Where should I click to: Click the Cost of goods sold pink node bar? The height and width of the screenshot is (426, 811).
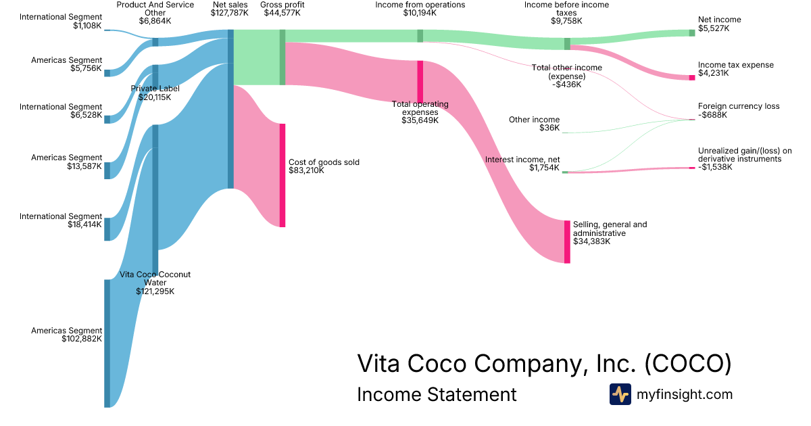pos(282,174)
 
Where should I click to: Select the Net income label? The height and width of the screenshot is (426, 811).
pos(719,20)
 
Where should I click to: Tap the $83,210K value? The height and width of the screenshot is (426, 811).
pos(306,170)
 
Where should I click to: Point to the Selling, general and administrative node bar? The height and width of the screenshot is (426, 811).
pos(567,241)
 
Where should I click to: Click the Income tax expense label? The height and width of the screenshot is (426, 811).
pos(736,65)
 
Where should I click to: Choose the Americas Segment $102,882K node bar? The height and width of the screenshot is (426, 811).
pos(107,343)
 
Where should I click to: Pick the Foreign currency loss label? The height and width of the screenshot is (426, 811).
pos(739,106)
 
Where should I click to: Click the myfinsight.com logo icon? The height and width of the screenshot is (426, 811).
pos(620,394)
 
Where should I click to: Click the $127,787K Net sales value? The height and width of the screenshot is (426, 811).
pos(230,13)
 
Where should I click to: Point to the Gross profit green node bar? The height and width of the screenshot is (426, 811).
pos(282,57)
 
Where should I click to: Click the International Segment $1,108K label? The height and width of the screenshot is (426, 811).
pos(61,17)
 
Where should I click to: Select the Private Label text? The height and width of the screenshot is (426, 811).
pos(155,89)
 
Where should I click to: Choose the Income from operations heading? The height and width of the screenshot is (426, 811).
pos(420,5)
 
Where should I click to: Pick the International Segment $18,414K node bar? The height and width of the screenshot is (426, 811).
pos(107,229)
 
